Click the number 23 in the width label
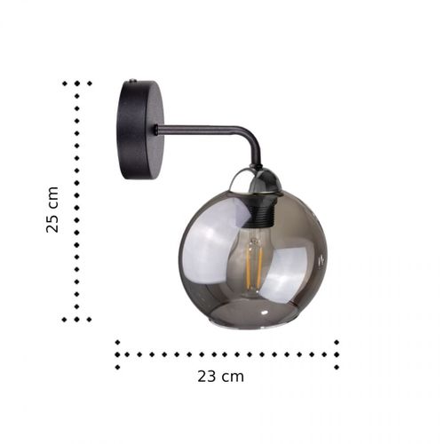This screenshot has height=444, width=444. (x=207, y=376)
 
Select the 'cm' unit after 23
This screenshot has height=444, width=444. (x=233, y=376)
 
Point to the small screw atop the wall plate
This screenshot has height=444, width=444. (x=132, y=81)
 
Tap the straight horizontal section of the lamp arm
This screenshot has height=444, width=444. (x=200, y=130)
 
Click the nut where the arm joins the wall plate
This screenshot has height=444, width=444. (x=156, y=130)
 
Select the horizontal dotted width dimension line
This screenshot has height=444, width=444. (x=226, y=353)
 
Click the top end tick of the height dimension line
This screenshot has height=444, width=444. (x=77, y=83)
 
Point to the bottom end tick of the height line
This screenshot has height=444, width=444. (x=77, y=319)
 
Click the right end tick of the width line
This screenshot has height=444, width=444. (x=337, y=353)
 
